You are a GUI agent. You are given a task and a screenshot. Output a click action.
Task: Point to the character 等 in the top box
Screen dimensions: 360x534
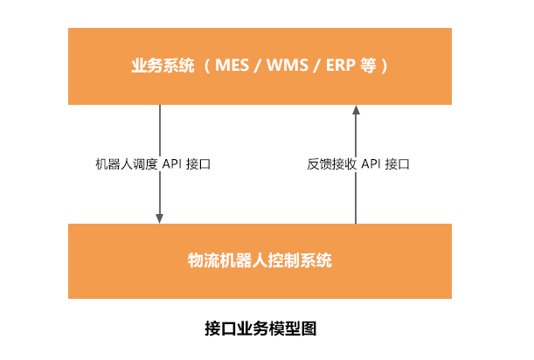(x=367, y=66)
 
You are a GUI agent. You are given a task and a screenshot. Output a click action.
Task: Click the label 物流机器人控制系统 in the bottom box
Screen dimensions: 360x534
(x=260, y=260)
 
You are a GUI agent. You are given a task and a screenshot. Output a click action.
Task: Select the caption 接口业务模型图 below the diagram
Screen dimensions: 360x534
(x=260, y=329)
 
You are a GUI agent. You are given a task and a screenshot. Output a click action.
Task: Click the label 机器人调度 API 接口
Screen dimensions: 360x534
(x=152, y=163)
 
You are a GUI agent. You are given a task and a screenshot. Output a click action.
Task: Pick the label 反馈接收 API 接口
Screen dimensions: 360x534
(x=358, y=163)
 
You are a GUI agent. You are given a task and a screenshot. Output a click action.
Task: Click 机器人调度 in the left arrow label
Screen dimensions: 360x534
(x=126, y=163)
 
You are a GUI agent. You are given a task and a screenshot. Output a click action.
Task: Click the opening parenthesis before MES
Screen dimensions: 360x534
(x=206, y=66)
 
